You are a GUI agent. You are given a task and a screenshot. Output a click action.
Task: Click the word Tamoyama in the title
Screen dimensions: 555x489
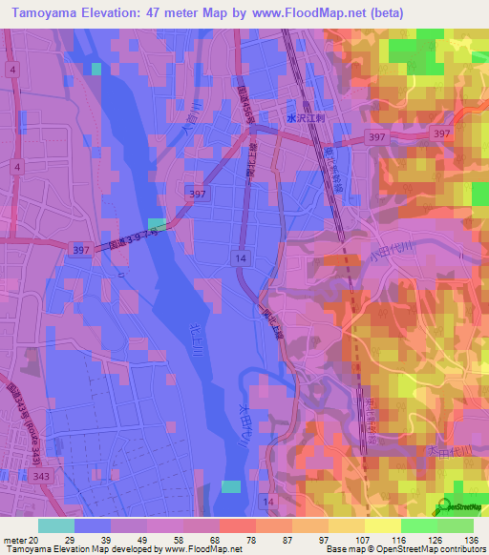[47, 12]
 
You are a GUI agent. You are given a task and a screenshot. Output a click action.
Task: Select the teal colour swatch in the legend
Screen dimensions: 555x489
[56, 525]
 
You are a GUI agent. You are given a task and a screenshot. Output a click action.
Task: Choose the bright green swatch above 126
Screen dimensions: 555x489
[419, 525]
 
